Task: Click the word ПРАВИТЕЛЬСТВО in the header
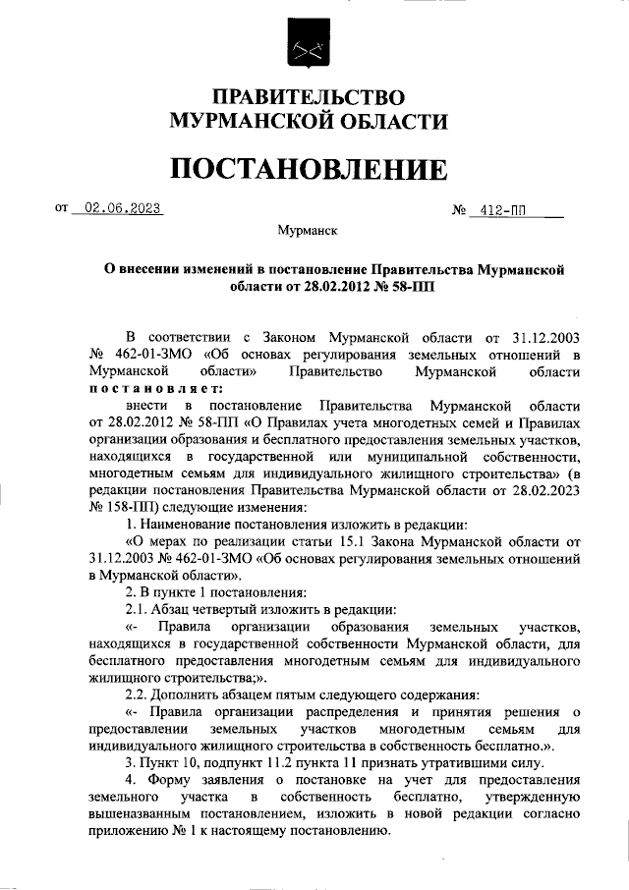(x=310, y=98)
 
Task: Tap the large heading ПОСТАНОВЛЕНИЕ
(x=310, y=169)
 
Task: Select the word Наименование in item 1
(x=186, y=526)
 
